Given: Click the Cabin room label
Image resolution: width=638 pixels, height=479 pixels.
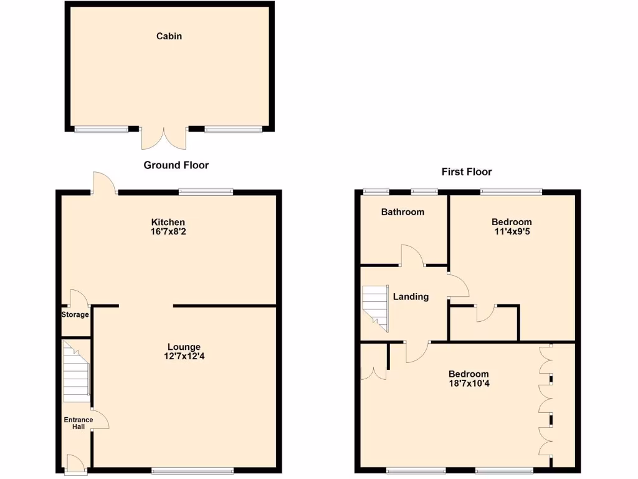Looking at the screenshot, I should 169,36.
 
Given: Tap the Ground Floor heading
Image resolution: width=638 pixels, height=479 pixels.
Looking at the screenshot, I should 176,165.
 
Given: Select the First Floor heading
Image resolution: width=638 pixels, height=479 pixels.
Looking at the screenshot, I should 467,172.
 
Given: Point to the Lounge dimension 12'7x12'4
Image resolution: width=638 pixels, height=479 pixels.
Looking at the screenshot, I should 184,357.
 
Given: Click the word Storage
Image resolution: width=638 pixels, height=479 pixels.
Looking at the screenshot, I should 75,314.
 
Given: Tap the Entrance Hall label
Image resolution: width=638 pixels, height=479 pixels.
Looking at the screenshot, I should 79,423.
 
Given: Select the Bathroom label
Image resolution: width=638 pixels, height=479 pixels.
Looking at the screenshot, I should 402,212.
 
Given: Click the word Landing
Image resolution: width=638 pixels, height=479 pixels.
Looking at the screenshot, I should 411,297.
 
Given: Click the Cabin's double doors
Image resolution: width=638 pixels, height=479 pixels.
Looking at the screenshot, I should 163,138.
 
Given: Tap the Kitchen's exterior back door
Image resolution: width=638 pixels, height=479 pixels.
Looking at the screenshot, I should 104,184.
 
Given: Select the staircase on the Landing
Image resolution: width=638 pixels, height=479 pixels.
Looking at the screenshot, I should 375,307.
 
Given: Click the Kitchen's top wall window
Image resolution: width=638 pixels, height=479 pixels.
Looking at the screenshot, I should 206,192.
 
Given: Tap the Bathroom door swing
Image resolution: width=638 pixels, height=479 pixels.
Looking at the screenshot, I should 412,256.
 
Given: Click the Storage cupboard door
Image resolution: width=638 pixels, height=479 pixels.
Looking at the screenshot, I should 77,298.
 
